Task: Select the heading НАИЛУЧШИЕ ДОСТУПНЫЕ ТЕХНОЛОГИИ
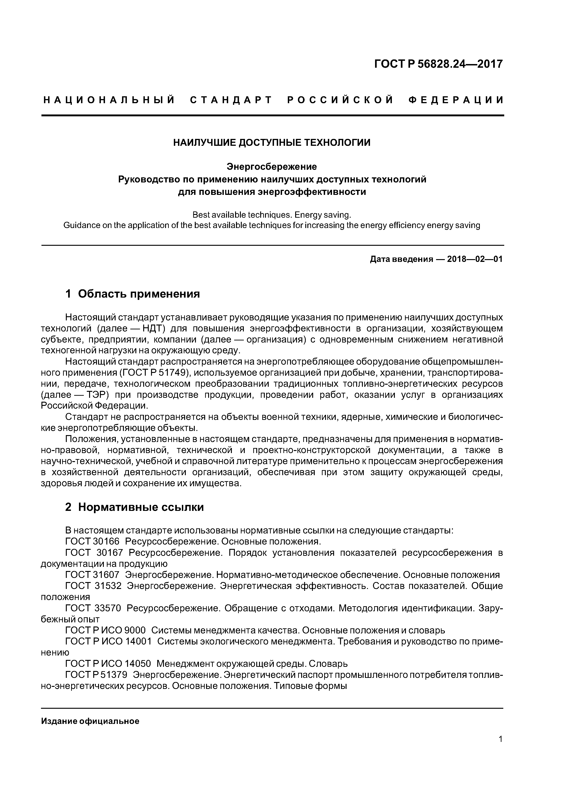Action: coord(272,143)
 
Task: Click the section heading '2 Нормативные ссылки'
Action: coord(134,507)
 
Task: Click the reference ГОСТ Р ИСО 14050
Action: coord(108,664)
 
